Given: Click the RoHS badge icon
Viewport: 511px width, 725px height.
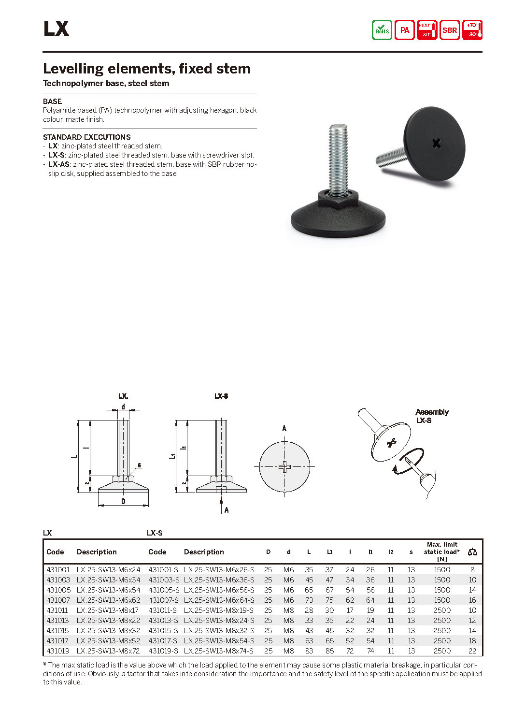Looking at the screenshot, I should click(x=382, y=30).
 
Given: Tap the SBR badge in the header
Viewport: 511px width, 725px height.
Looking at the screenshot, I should click(x=450, y=30).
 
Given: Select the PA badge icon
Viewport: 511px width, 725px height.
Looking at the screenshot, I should click(x=404, y=30).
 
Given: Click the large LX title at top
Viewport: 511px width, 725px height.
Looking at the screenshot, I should click(x=56, y=29).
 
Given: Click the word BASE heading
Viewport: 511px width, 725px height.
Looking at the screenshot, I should click(x=52, y=101).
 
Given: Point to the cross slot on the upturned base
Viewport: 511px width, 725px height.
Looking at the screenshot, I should click(x=437, y=143).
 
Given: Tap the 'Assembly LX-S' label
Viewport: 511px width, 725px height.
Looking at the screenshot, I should click(x=431, y=416).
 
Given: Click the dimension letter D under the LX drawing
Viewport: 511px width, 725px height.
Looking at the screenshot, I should click(x=123, y=502).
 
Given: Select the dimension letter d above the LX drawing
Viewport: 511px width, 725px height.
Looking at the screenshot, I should click(x=123, y=407).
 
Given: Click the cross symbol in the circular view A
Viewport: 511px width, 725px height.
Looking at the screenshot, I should click(x=284, y=466).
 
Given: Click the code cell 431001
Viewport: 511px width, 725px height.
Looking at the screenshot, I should click(x=58, y=570).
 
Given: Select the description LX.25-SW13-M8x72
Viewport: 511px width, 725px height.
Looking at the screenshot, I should click(x=108, y=651).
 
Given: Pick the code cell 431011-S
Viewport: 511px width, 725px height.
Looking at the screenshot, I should click(x=162, y=610).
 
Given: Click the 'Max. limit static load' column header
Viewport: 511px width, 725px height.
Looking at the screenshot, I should click(x=441, y=551).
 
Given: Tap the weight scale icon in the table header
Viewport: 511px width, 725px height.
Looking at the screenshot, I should click(x=472, y=552).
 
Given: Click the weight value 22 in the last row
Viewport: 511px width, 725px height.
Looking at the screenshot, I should click(x=472, y=651).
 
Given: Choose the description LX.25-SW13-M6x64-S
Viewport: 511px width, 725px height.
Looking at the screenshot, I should click(x=219, y=600).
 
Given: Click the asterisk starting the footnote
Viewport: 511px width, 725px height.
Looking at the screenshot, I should click(x=45, y=665).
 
